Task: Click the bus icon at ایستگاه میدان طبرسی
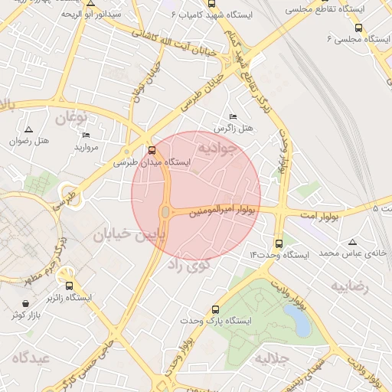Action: [x=151, y=150]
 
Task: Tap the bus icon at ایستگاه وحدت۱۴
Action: [x=278, y=241]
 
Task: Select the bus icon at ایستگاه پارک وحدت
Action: [x=214, y=309]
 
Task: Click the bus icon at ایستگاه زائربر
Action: [x=70, y=285]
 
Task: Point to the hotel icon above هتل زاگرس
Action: [x=233, y=117]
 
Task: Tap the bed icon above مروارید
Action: [x=86, y=135]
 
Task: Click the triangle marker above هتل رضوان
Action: [x=29, y=130]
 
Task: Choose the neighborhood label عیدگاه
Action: [x=31, y=358]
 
